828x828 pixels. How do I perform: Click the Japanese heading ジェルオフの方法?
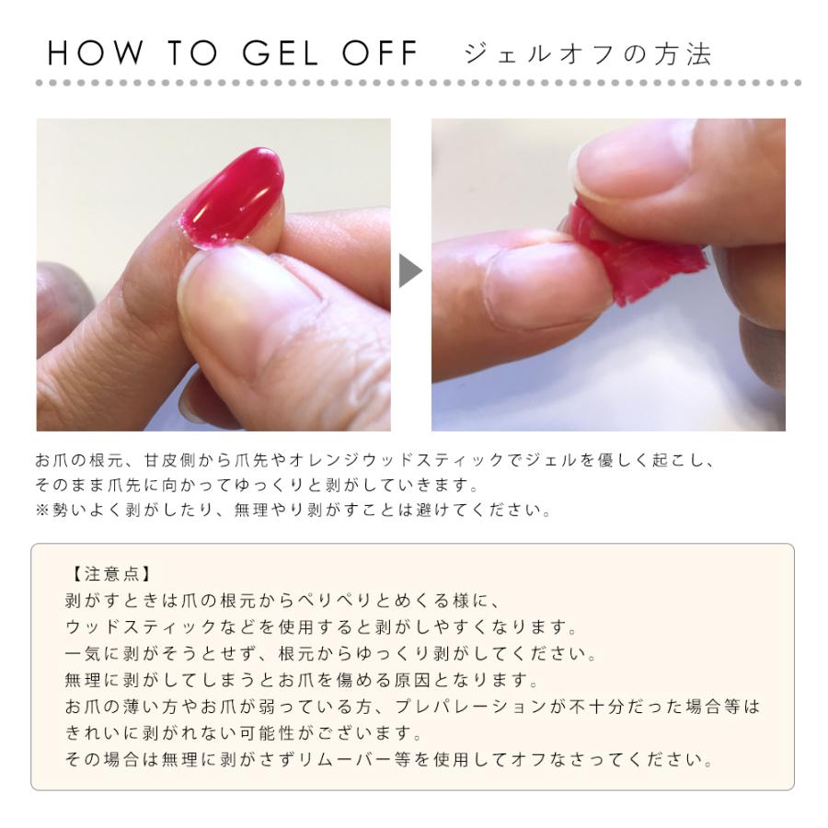pyautogui.click(x=589, y=53)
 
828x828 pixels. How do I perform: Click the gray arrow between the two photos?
pyautogui.click(x=410, y=272)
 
